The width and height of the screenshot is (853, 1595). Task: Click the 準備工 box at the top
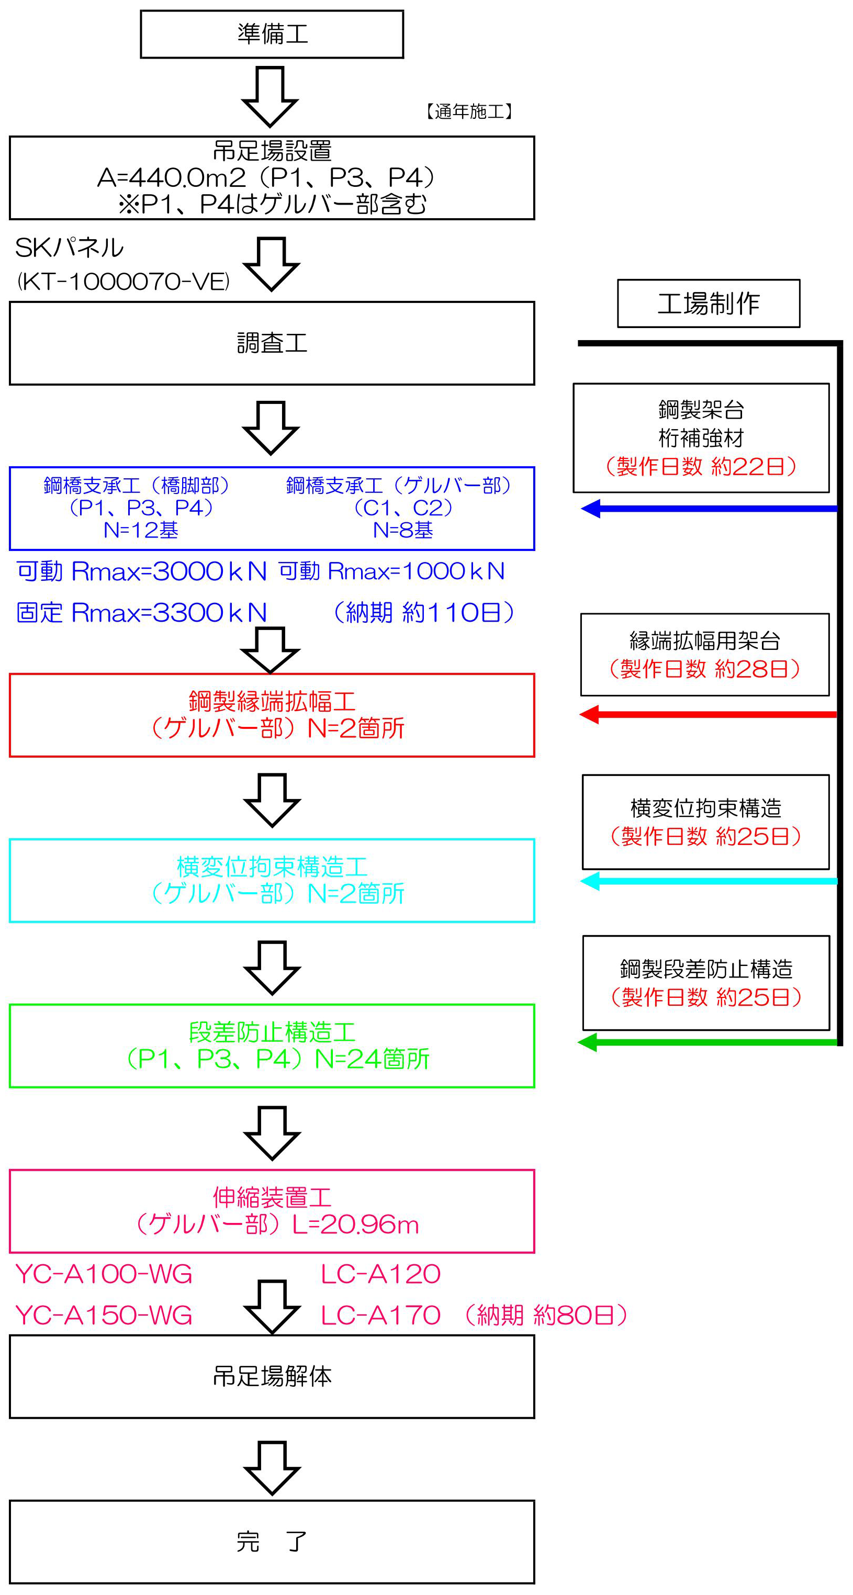(272, 34)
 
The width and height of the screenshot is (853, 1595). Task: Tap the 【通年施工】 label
(470, 111)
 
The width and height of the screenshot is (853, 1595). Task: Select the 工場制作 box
(708, 304)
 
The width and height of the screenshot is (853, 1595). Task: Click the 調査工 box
(272, 343)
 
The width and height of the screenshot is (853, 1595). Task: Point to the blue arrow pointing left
(708, 509)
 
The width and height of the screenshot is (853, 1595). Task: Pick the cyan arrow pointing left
(708, 881)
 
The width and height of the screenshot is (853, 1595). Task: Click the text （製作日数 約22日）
(701, 466)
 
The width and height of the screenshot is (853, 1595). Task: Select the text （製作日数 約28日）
(704, 669)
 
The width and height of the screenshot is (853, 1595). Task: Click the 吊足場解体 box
(272, 1376)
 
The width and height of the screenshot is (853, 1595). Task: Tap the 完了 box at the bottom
(272, 1541)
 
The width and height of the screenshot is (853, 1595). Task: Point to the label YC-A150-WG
(104, 1315)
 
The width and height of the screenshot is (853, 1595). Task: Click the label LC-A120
(380, 1274)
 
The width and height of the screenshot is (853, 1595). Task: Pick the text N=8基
(402, 530)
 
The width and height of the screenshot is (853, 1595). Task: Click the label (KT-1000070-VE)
(123, 282)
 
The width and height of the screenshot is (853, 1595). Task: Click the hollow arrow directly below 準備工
(271, 96)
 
